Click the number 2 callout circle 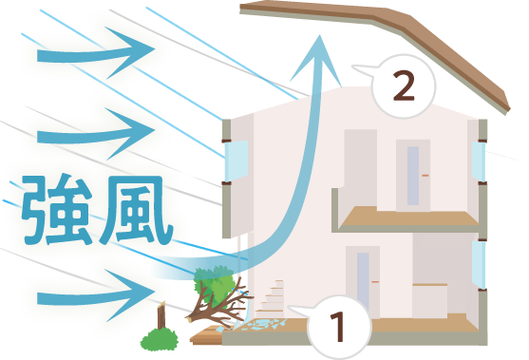click(x=403, y=85)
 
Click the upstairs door click(x=413, y=176)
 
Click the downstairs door click(x=362, y=283)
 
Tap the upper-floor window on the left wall click(x=236, y=160)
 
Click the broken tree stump click(x=162, y=318)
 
